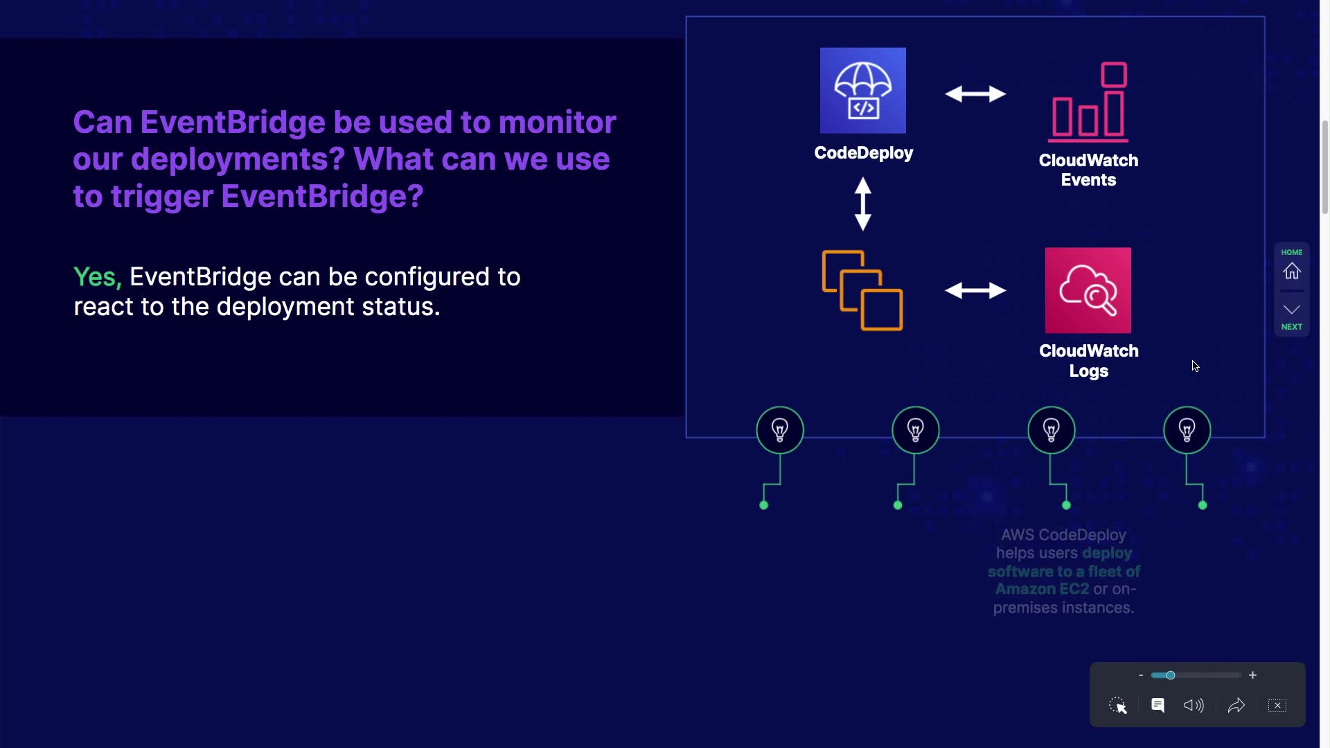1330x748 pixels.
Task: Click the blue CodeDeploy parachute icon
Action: [x=862, y=91]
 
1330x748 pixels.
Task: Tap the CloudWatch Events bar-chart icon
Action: [x=1088, y=102]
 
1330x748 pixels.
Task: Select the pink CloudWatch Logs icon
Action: [x=1088, y=290]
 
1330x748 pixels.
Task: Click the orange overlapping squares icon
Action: [x=862, y=290]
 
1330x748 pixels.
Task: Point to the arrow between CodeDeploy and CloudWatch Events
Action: [x=975, y=93]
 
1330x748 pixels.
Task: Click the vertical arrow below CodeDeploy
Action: [x=862, y=204]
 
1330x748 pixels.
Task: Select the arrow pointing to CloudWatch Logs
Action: [x=975, y=290]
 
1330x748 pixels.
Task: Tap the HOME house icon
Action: [x=1291, y=270]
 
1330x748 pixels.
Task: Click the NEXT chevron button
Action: [x=1291, y=310]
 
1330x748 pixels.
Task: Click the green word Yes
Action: [x=97, y=277]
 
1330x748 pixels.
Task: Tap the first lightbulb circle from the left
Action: [x=780, y=430]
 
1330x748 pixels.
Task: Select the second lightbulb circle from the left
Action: [x=915, y=430]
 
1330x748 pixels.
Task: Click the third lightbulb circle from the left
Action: [x=1051, y=430]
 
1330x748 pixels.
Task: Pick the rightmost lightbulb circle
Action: [x=1187, y=430]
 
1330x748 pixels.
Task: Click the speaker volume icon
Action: [x=1194, y=705]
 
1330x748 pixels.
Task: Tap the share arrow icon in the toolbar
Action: [x=1236, y=705]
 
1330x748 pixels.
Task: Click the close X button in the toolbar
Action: [x=1277, y=705]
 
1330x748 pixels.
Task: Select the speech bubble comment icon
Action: [x=1158, y=705]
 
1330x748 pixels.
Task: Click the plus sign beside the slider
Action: [x=1252, y=675]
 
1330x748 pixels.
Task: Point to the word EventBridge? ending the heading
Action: [x=322, y=197]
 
